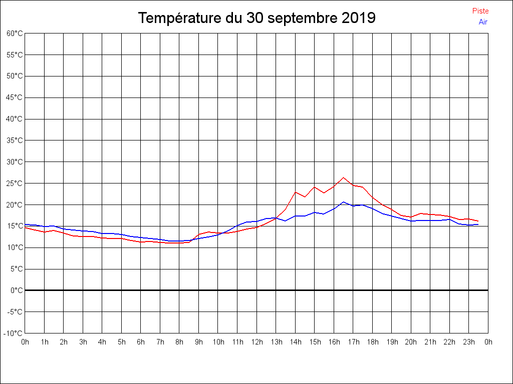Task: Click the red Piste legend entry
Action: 480,11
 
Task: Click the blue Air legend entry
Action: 483,22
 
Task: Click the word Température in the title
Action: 178,18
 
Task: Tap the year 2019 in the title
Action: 359,18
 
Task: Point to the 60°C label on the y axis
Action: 15,33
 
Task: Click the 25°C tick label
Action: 15,183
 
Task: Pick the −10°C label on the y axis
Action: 14,333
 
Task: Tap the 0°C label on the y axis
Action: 17,290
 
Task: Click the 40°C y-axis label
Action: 15,119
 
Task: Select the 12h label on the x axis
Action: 256,342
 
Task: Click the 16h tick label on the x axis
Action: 334,342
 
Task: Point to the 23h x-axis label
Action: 469,342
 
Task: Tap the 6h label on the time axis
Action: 141,342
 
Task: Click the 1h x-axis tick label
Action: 44,342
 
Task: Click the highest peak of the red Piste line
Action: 343,177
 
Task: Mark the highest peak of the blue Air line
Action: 343,202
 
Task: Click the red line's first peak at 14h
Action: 295,192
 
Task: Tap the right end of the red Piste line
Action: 478,221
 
